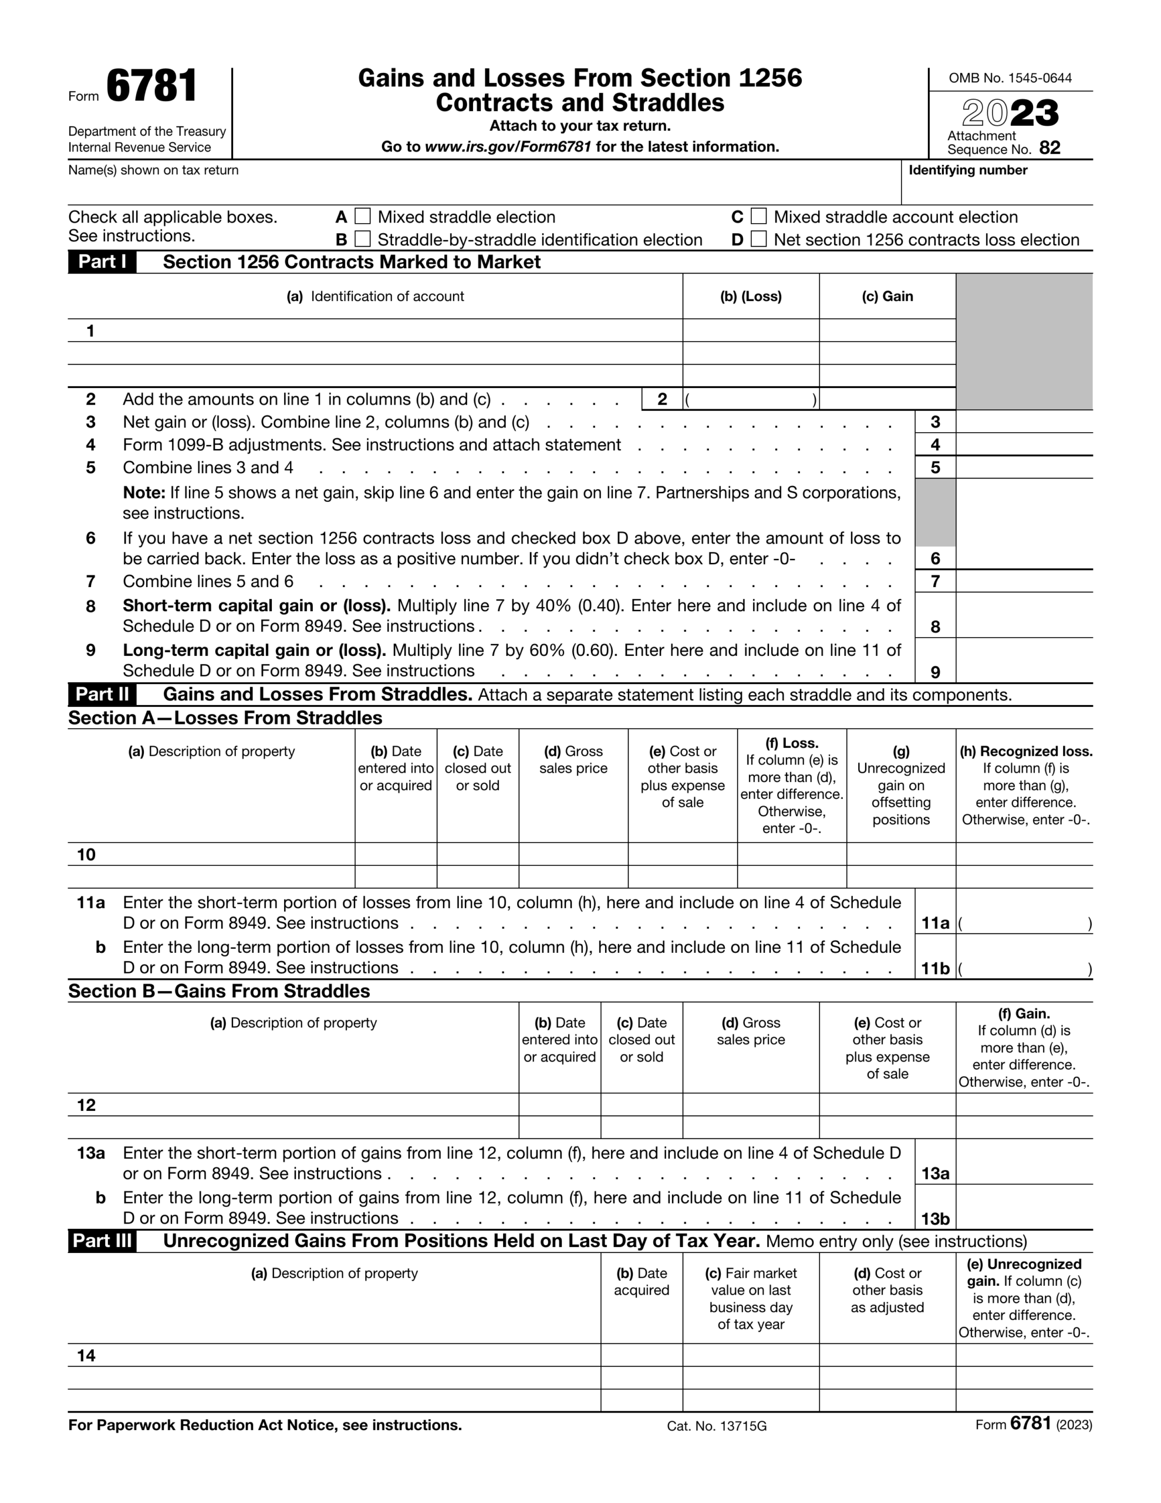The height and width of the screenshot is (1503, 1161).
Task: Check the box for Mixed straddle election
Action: (363, 217)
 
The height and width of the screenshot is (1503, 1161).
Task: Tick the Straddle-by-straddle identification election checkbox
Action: (363, 240)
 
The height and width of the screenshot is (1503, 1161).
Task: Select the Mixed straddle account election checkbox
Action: (758, 217)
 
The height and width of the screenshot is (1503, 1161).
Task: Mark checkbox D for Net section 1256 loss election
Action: (758, 240)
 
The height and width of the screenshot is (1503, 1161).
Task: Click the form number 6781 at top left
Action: (151, 87)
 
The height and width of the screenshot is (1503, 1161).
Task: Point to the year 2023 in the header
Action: (1010, 113)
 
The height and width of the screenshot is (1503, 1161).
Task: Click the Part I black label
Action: (102, 262)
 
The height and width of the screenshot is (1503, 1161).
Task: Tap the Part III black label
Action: (102, 1241)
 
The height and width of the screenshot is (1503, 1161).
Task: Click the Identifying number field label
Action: (968, 170)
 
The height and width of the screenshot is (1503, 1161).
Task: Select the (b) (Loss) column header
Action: (751, 296)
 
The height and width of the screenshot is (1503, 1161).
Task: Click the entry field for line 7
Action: (1024, 581)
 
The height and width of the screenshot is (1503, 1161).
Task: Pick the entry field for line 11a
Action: (1024, 923)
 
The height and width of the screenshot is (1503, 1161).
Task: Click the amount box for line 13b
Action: (1024, 1218)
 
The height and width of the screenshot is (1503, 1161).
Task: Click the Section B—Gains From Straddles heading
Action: (219, 991)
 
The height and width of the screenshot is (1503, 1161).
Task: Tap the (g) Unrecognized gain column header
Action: (901, 785)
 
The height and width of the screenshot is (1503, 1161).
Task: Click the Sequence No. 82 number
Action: (1049, 149)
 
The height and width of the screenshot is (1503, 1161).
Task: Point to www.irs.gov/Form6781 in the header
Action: (508, 147)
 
